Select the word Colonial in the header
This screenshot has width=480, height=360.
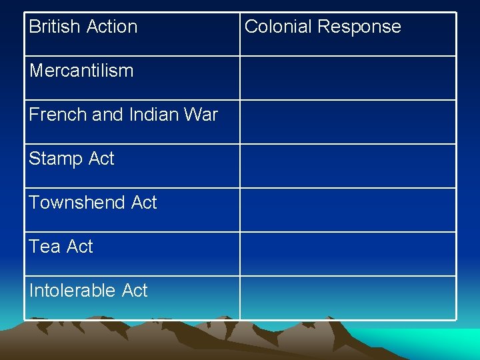tap(278, 27)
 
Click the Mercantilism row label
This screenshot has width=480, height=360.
tap(81, 71)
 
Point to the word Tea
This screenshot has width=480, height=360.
tap(45, 247)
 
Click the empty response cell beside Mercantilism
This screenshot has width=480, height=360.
tap(348, 78)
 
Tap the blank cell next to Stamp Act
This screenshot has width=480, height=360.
tap(348, 166)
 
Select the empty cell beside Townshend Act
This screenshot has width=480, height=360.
tap(348, 210)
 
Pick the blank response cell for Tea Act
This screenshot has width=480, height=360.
tap(348, 254)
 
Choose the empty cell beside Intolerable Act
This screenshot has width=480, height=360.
tap(348, 298)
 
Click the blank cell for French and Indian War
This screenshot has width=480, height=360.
tap(348, 122)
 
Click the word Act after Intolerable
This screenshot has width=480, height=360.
tap(135, 291)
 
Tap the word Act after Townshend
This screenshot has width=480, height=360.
tap(144, 203)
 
